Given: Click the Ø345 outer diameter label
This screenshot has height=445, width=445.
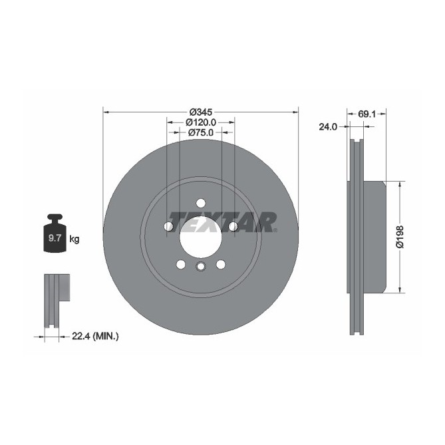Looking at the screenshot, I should coord(200,112).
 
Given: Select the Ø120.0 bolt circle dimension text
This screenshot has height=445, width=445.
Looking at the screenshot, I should coord(200,122).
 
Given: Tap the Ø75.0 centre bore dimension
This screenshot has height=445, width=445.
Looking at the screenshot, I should coord(200,132).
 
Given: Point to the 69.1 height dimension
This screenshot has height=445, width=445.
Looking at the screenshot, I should coord(367,114).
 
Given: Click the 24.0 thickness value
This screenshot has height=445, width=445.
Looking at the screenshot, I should coord(329,126).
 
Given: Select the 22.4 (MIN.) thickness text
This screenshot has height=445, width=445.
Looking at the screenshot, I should coord(95,337).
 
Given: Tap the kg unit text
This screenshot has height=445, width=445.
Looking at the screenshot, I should coord(74,239).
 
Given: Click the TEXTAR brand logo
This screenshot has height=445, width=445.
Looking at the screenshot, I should coord(222,221).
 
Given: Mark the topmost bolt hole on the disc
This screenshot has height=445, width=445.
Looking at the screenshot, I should coord(200,204).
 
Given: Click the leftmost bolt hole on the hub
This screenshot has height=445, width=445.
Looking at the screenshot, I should coord(168,227).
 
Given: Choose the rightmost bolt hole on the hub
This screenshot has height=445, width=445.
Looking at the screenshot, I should coord(233,227).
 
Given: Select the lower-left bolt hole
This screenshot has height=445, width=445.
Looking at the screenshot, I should coord(180,265).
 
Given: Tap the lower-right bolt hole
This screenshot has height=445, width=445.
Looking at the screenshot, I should coord(220,265).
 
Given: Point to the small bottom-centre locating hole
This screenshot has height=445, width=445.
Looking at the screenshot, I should coord(200,267).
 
